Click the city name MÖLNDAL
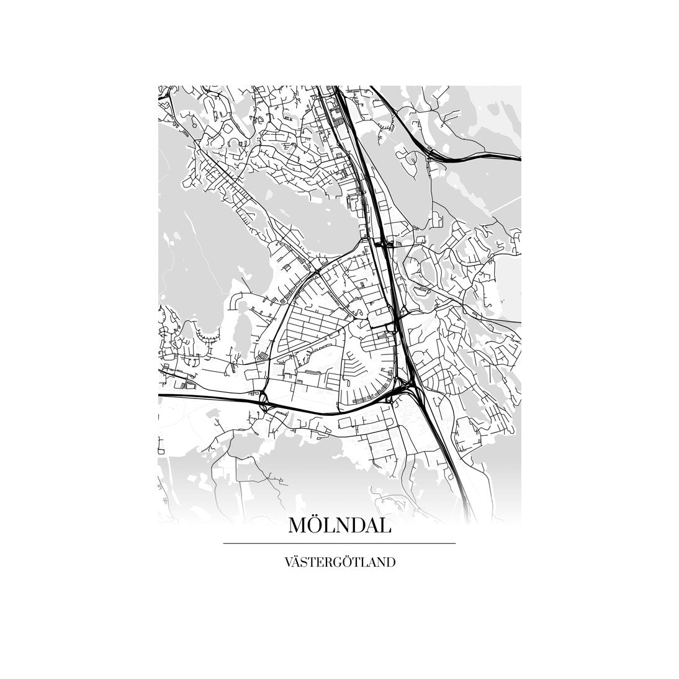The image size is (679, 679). pyautogui.click(x=339, y=526)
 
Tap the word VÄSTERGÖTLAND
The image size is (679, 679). pyautogui.click(x=339, y=563)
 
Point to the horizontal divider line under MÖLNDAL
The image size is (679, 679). pyautogui.click(x=339, y=544)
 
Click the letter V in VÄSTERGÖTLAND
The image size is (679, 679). pyautogui.click(x=288, y=563)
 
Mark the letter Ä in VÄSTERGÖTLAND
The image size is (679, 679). pyautogui.click(x=297, y=563)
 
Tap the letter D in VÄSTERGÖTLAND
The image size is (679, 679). pyautogui.click(x=390, y=563)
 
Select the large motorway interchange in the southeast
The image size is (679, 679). pyautogui.click(x=407, y=388)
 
